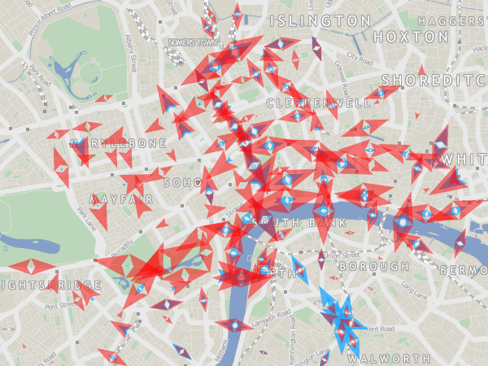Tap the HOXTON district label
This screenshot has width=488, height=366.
tap(411, 37)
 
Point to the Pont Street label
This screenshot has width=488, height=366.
tap(60, 307)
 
